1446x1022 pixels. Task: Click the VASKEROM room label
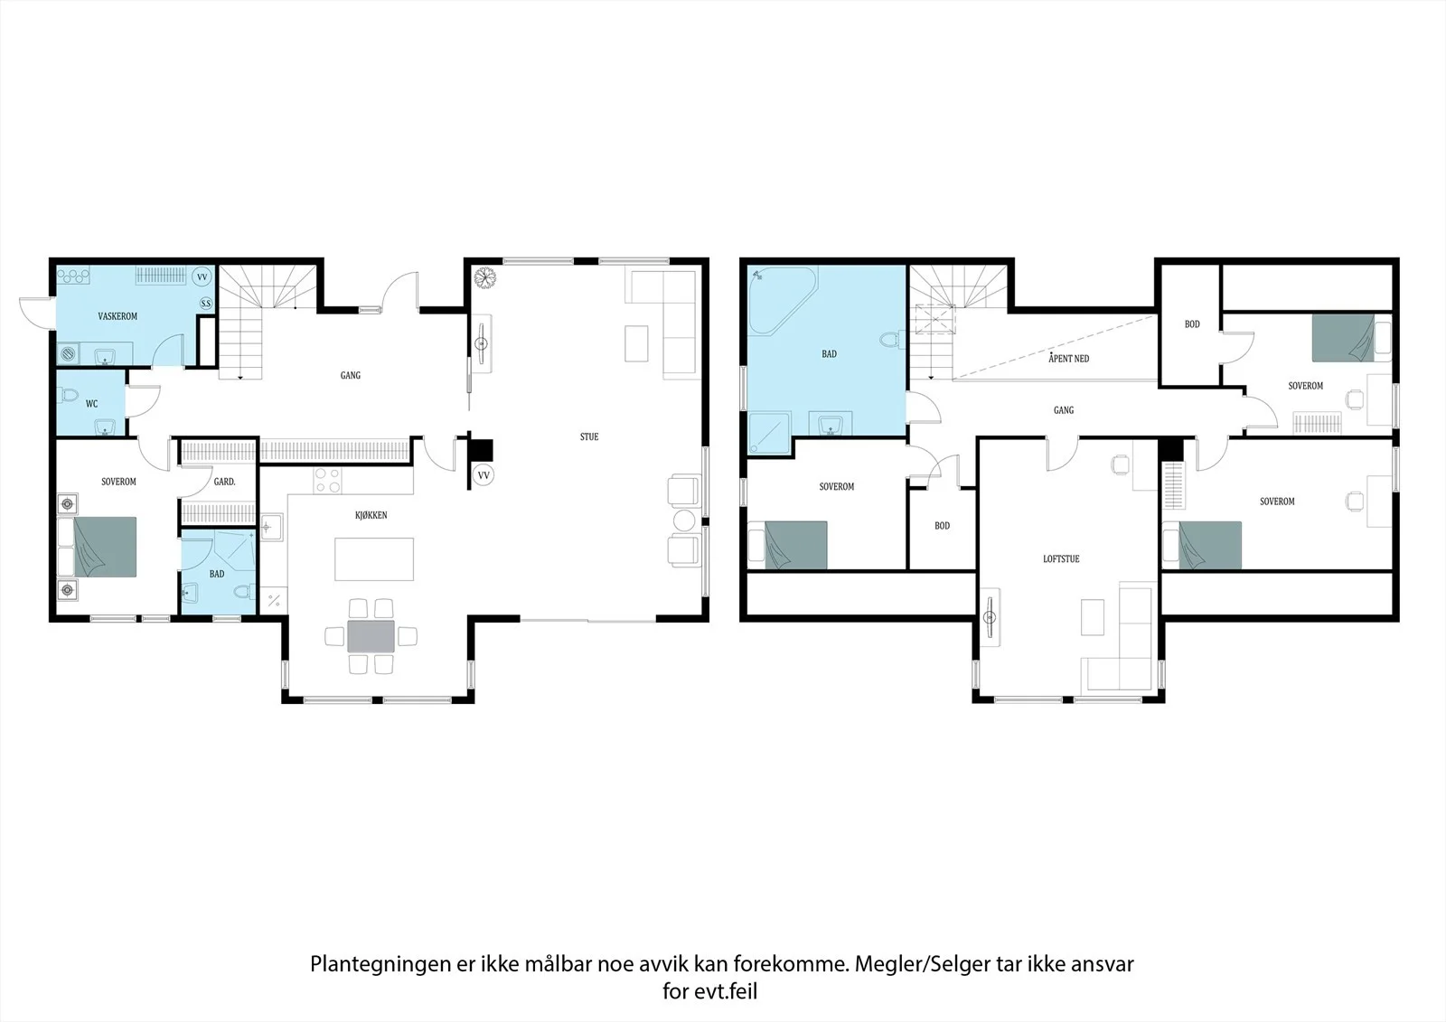[x=117, y=316]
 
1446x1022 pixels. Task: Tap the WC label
[x=91, y=404]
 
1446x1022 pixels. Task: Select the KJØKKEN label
[x=371, y=514]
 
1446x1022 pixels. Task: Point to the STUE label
[x=589, y=436]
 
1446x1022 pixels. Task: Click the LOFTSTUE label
[x=1061, y=558]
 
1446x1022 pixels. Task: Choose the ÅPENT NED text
[x=1069, y=358]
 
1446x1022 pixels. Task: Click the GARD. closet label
[x=225, y=481]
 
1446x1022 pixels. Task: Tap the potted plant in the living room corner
[x=484, y=278]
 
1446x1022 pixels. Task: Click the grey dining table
[x=371, y=636]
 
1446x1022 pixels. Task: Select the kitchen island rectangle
[x=374, y=559]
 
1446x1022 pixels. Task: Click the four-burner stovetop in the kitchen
[x=327, y=481]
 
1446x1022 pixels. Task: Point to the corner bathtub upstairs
[x=783, y=300]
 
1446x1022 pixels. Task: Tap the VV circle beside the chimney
[x=484, y=475]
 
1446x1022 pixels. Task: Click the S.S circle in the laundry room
[x=205, y=303]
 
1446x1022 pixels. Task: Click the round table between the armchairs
[x=684, y=520]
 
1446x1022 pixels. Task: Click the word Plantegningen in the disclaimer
[x=380, y=964]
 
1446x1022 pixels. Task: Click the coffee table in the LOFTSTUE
[x=1093, y=616]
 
